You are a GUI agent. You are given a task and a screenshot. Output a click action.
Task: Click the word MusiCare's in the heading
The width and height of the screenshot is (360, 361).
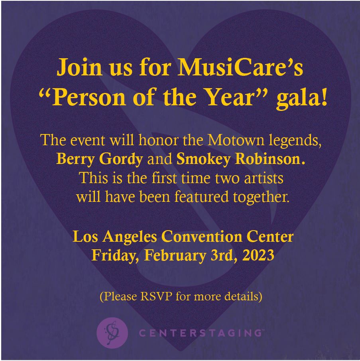point(240,67)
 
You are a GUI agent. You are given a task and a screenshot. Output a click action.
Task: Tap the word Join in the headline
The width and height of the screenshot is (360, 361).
point(79,67)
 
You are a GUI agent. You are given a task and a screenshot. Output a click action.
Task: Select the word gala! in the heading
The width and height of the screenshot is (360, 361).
point(301,99)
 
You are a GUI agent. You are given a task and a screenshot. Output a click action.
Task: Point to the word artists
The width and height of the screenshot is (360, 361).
point(264,178)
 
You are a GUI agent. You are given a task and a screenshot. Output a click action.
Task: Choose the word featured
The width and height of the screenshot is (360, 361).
point(201,197)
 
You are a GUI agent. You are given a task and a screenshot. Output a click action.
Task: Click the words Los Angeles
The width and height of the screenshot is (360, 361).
point(115,237)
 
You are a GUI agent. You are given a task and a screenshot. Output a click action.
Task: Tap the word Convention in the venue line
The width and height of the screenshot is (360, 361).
point(202,237)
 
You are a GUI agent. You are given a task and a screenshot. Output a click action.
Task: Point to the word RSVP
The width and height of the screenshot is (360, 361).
point(156,296)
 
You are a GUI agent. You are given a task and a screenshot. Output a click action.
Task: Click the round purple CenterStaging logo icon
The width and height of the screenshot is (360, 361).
point(112,333)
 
